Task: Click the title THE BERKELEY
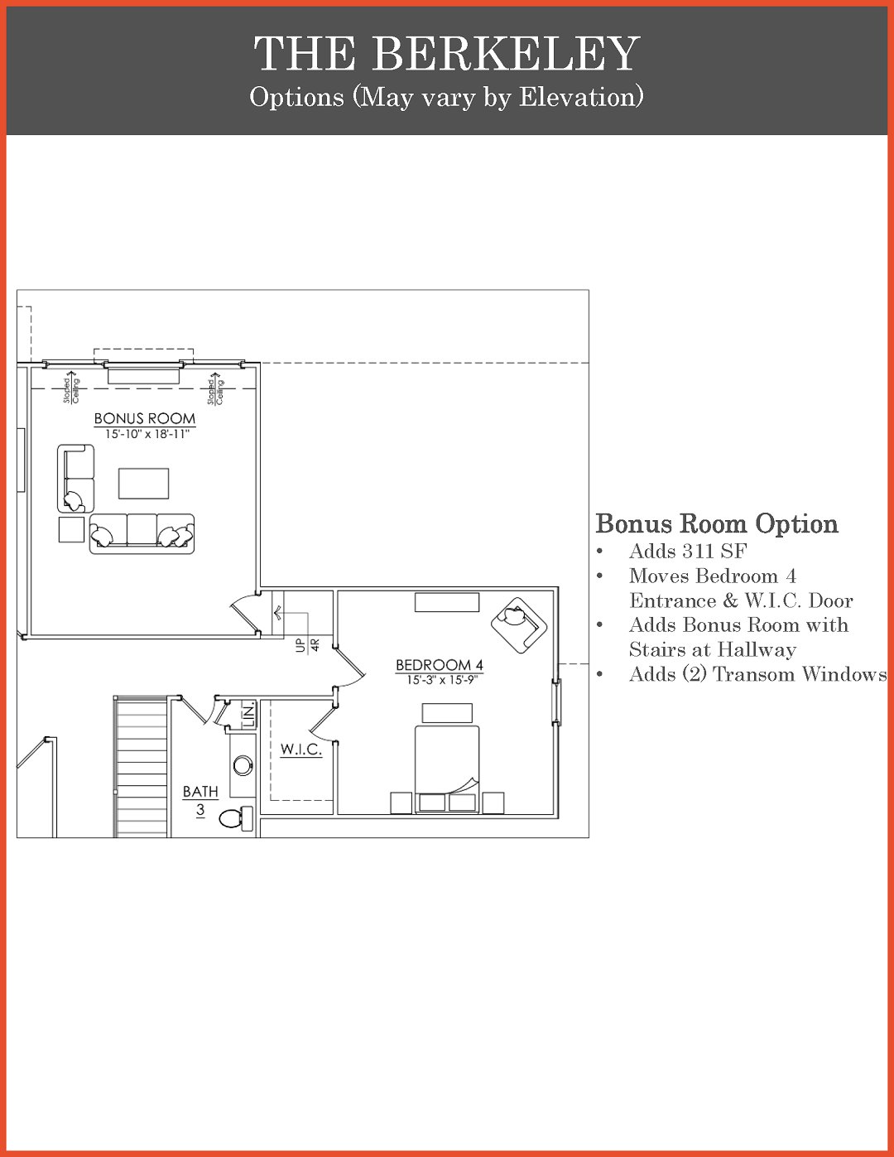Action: point(446,53)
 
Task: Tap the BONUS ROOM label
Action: point(145,418)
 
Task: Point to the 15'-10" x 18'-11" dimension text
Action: point(147,434)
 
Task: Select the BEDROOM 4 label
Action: point(440,665)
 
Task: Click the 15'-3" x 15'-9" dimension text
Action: point(442,680)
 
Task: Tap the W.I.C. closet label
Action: point(301,750)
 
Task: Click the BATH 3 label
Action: point(200,801)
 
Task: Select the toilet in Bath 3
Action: point(237,818)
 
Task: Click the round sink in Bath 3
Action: point(243,765)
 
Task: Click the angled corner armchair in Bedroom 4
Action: point(519,624)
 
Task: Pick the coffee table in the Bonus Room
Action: point(144,484)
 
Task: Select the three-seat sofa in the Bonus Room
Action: point(142,533)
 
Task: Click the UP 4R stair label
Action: point(308,645)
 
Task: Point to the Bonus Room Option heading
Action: point(716,523)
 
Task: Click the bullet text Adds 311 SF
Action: point(688,551)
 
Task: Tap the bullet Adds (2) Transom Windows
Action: point(757,674)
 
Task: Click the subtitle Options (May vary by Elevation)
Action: point(446,97)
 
